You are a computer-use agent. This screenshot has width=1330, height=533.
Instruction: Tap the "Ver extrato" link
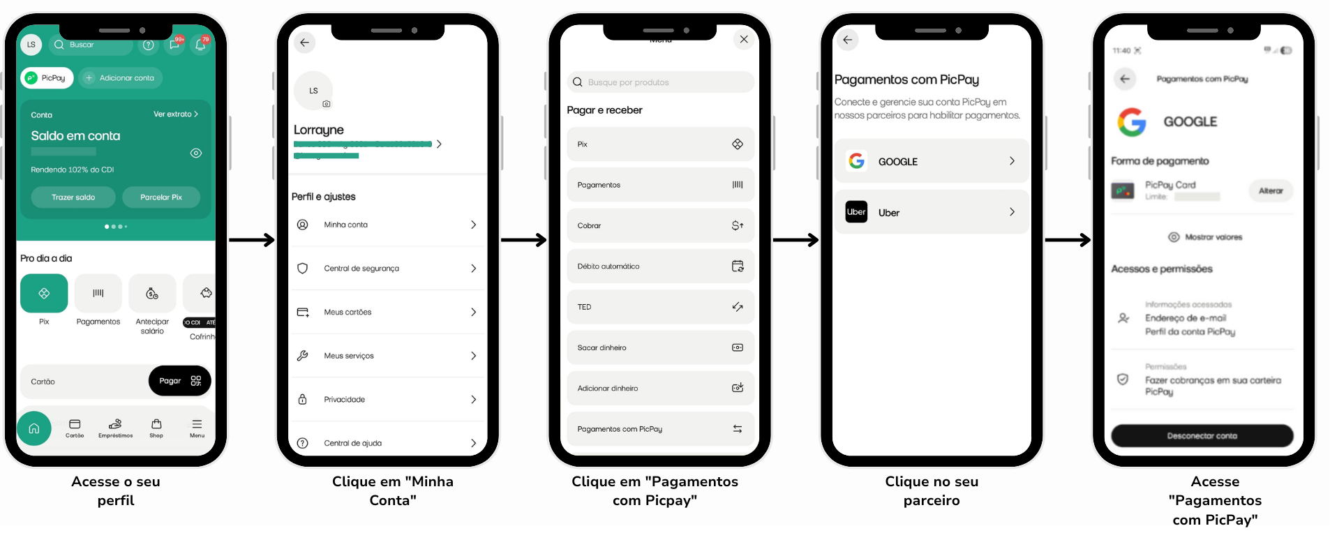pyautogui.click(x=175, y=114)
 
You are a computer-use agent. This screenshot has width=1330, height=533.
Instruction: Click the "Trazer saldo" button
pyautogui.click(x=73, y=197)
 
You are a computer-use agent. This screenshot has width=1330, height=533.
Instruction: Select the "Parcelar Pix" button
pyautogui.click(x=161, y=197)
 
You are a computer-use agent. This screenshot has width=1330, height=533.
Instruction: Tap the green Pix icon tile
pyautogui.click(x=44, y=293)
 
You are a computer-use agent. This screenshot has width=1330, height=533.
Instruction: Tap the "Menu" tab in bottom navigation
pyautogui.click(x=197, y=428)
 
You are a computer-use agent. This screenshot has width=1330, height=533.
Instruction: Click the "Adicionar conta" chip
pyautogui.click(x=121, y=78)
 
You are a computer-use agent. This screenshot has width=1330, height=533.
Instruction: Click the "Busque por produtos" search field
pyautogui.click(x=659, y=82)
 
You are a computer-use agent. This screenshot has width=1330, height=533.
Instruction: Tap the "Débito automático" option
pyautogui.click(x=659, y=266)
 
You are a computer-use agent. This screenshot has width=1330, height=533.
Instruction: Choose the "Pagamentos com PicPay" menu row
pyautogui.click(x=659, y=429)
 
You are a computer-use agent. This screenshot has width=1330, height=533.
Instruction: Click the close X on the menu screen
pyautogui.click(x=744, y=40)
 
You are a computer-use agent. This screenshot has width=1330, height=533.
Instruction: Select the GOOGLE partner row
pyautogui.click(x=931, y=161)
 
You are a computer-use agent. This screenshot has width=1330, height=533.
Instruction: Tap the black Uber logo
pyautogui.click(x=856, y=212)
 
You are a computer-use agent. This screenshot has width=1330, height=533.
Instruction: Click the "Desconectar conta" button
pyautogui.click(x=1202, y=436)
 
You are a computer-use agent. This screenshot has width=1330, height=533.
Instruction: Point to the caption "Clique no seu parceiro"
pyautogui.click(x=932, y=491)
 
